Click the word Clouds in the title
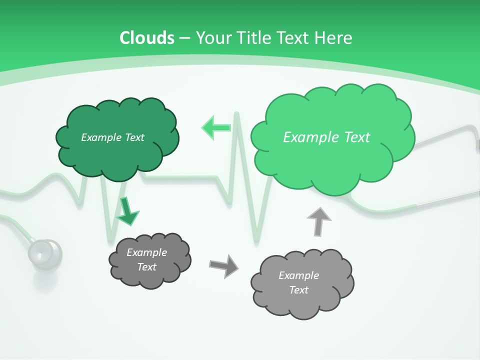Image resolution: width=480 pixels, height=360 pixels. click(147, 37)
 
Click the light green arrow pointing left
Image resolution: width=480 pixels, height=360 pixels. click(215, 127)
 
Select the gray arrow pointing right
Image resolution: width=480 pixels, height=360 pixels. click(223, 265)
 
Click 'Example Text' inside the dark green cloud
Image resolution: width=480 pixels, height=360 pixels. click(112, 137)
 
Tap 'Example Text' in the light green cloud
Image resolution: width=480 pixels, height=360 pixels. click(326, 137)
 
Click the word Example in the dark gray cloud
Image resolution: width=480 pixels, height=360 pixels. click(147, 252)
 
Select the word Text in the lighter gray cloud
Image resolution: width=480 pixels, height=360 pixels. click(298, 290)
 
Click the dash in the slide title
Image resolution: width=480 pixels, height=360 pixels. click(184, 37)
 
